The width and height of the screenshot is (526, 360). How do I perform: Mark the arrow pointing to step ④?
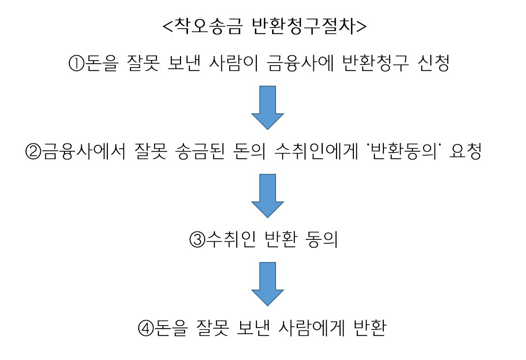coord(268,284)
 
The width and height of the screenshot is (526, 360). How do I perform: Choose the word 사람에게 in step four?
coord(304,327)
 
